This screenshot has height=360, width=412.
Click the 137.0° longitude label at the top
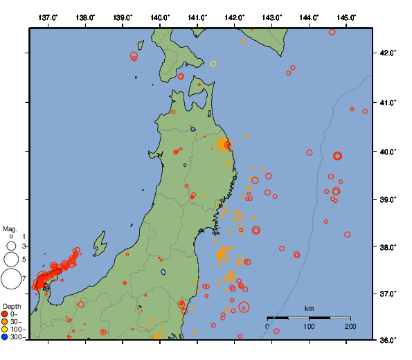[48, 17]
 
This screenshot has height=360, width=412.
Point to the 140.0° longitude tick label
[160, 17]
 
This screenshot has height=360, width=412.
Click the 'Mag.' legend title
[9, 228]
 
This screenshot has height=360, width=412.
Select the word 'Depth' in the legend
[11, 306]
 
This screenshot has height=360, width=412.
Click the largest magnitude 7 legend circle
[11, 279]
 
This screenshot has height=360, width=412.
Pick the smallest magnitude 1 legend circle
[11, 237]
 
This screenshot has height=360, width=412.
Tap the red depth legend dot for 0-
[5, 314]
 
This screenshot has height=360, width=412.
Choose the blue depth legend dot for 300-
[5, 337]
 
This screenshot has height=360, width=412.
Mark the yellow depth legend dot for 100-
[5, 330]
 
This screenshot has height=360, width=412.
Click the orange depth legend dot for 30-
[5, 322]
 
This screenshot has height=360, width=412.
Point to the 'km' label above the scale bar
[309, 308]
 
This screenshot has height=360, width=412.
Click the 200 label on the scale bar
[350, 326]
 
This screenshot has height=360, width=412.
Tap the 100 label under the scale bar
[309, 326]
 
